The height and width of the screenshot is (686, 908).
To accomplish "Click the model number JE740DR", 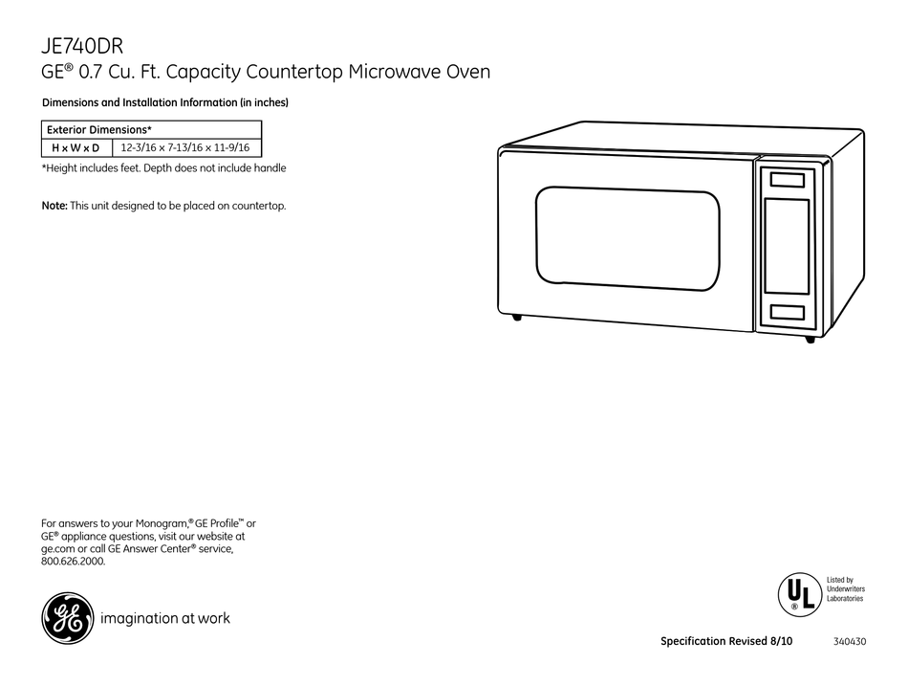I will (x=83, y=45).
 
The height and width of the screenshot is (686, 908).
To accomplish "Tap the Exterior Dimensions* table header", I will (x=100, y=129).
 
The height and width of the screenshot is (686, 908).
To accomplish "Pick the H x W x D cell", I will (x=76, y=147).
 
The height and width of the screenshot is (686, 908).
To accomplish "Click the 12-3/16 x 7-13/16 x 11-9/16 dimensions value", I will (x=186, y=147).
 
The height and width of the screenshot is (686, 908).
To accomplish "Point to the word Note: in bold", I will (x=54, y=206).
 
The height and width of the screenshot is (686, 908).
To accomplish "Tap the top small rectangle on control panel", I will (x=787, y=180).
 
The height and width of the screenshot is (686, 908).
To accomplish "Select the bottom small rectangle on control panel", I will (x=787, y=312).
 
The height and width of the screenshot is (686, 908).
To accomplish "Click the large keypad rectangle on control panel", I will (x=787, y=246).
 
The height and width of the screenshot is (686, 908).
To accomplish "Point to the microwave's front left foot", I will (x=517, y=317).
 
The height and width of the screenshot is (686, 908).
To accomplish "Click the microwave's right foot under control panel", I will (x=810, y=339).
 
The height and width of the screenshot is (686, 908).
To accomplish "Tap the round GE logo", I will (x=67, y=617).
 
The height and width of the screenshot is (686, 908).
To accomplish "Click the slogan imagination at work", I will (x=165, y=618).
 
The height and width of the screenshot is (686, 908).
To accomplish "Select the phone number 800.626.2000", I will (x=74, y=562).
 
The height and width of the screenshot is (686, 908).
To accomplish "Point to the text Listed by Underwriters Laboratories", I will (x=845, y=589).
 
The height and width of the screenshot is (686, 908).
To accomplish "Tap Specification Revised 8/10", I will (x=726, y=641).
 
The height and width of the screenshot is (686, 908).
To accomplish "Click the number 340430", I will (x=850, y=641).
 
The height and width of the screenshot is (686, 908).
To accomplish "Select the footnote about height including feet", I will (x=163, y=168).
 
